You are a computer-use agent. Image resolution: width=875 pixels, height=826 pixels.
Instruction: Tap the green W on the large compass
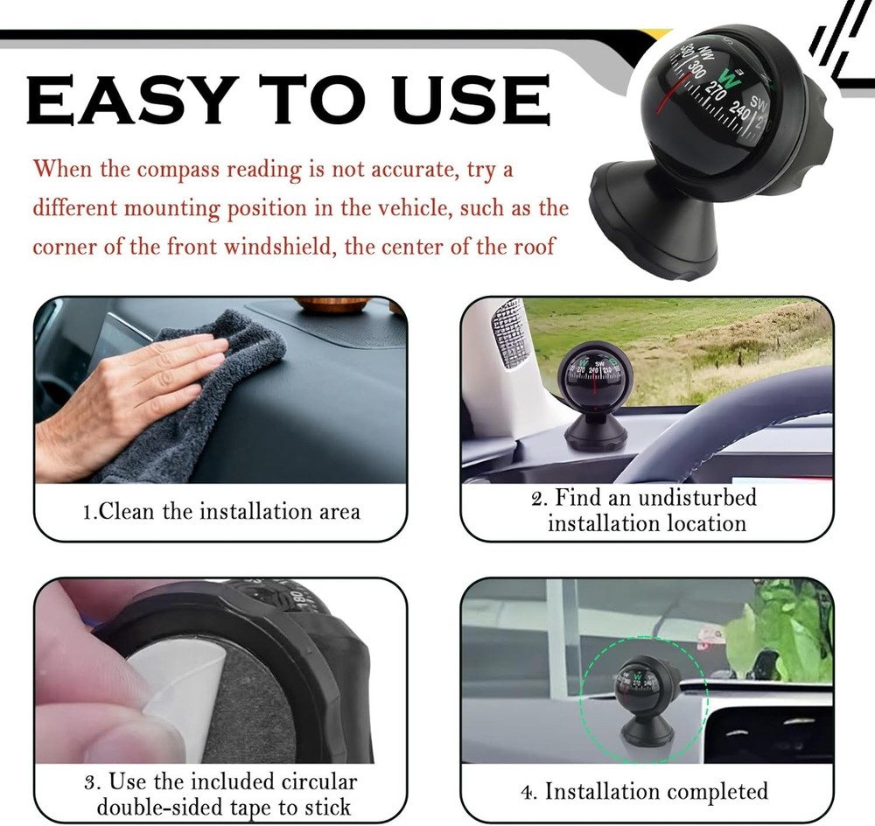point(733,82)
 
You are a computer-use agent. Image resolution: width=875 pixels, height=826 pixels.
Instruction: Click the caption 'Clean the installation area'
point(220,511)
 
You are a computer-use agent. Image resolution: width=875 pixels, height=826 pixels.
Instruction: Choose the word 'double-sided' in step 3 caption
point(166,807)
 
